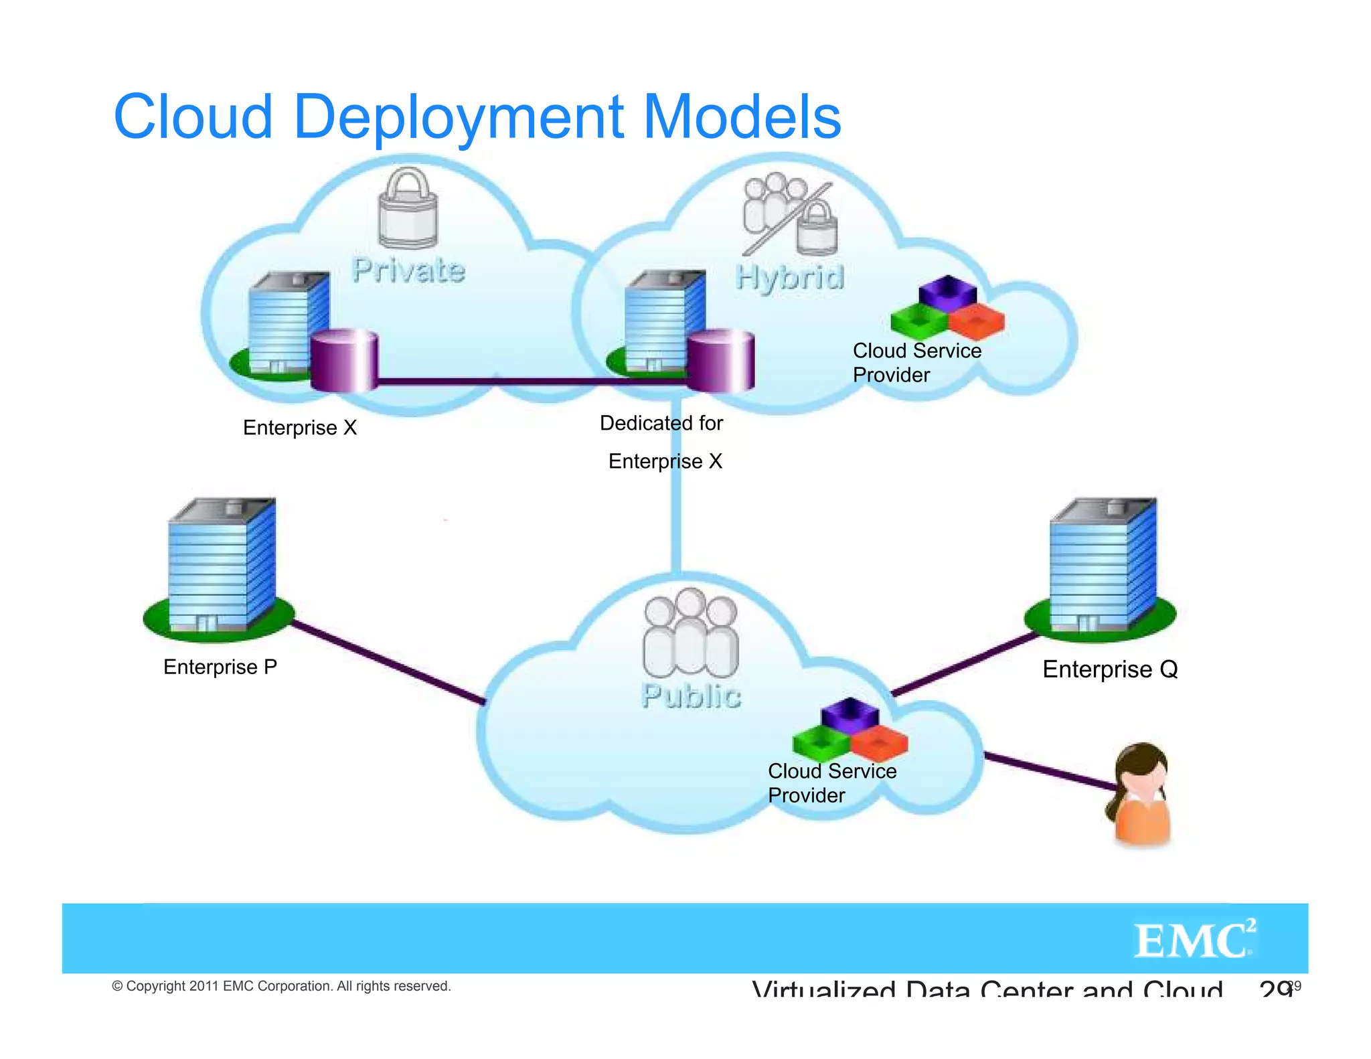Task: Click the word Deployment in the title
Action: pyautogui.click(x=459, y=118)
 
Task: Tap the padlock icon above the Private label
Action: pyautogui.click(x=408, y=209)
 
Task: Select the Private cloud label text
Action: pyautogui.click(x=408, y=270)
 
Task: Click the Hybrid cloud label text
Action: pyautogui.click(x=789, y=277)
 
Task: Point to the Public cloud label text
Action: pyautogui.click(x=691, y=696)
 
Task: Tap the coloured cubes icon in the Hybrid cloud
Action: pyautogui.click(x=947, y=309)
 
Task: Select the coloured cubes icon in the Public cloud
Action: pyautogui.click(x=850, y=729)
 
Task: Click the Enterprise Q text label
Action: pyautogui.click(x=1110, y=669)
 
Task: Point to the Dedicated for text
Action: pyautogui.click(x=661, y=423)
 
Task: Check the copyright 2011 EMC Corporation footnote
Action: pyautogui.click(x=281, y=986)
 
